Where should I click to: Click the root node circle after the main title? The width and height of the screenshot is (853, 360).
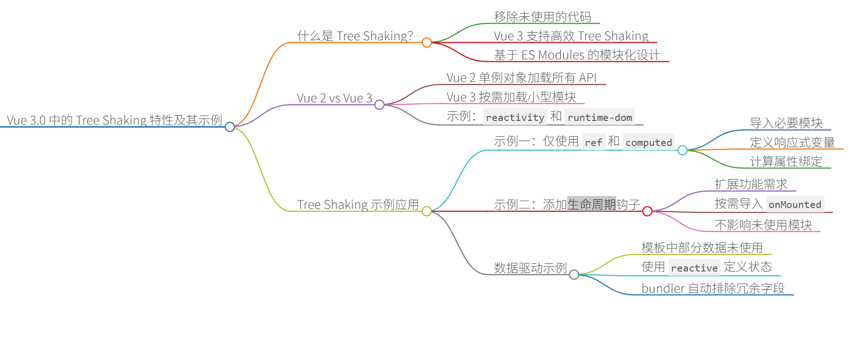coord(230,126)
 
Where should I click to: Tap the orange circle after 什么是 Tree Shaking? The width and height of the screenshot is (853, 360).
coord(426,43)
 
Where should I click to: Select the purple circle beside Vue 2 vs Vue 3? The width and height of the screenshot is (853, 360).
coord(379,105)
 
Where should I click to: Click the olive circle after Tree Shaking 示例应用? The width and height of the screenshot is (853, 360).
coord(426,211)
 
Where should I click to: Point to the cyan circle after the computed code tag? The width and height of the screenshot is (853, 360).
coord(682,150)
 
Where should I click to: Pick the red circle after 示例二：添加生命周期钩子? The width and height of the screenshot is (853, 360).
coord(647,211)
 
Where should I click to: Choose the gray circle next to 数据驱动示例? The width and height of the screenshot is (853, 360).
coord(574,275)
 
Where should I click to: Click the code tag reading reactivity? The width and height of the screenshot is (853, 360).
coord(515,117)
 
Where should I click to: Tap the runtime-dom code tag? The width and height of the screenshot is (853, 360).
coord(600,117)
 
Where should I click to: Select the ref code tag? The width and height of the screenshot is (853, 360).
coord(593,142)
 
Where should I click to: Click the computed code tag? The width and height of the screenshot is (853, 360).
coord(648,142)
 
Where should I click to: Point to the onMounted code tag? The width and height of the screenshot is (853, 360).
coord(795,204)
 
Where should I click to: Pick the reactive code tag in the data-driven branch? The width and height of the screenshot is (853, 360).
coord(694,268)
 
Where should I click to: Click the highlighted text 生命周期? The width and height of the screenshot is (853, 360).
coord(591,204)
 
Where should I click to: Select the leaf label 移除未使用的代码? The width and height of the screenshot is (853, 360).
coord(542,17)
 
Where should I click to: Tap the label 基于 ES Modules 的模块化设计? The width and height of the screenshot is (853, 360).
coord(577,55)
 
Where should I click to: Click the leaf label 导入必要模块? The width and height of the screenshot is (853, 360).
coord(786,123)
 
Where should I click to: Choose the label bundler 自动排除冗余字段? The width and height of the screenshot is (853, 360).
coord(713,288)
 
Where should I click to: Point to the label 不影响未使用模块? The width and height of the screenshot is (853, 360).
coord(763,225)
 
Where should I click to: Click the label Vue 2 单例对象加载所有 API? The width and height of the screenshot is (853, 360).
coord(521,78)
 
